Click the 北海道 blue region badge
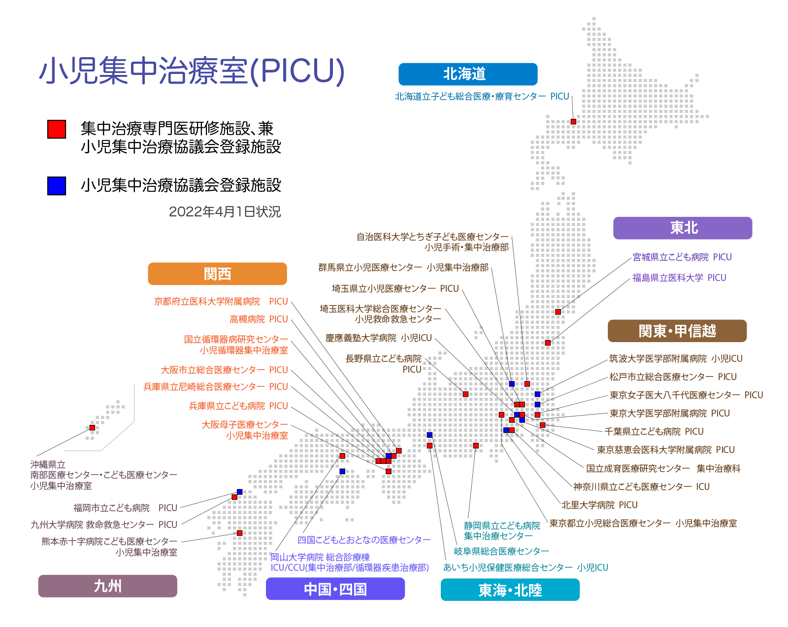pyautogui.click(x=467, y=74)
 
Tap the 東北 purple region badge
pyautogui.click(x=683, y=228)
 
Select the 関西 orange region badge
pyautogui.click(x=218, y=274)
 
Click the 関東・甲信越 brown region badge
pyautogui.click(x=677, y=331)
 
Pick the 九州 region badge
pyautogui.click(x=108, y=586)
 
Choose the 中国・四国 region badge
pyautogui.click(x=335, y=589)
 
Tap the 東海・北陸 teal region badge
pyautogui.click(x=510, y=590)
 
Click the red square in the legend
pyautogui.click(x=57, y=129)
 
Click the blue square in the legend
pyautogui.click(x=57, y=186)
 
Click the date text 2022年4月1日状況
pyautogui.click(x=225, y=212)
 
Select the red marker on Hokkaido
pyautogui.click(x=573, y=122)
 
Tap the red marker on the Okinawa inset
pyautogui.click(x=92, y=428)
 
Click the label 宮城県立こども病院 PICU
pyautogui.click(x=682, y=257)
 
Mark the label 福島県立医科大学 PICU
pyautogui.click(x=679, y=278)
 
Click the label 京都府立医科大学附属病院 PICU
pyautogui.click(x=221, y=302)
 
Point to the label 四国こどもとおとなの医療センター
pyautogui.click(x=364, y=540)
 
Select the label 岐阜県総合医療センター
pyautogui.click(x=502, y=551)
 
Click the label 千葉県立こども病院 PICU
pyautogui.click(x=654, y=432)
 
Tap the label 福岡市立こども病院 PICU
pyautogui.click(x=125, y=508)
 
